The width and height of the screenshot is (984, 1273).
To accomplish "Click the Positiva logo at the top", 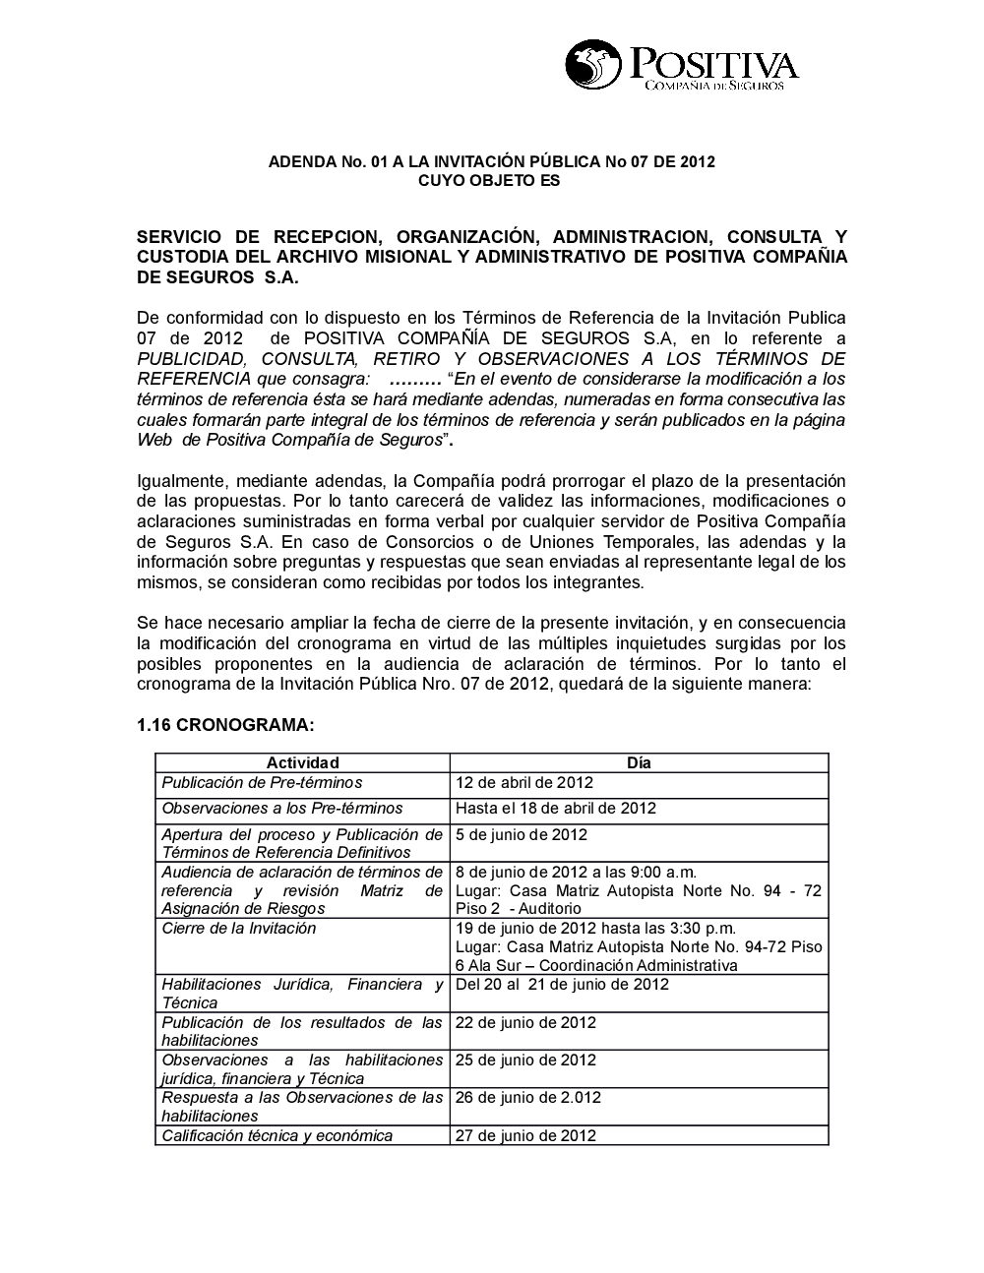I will point(681,66).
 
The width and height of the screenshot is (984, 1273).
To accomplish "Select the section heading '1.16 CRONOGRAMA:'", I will point(225,725).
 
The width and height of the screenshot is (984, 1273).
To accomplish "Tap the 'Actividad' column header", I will point(302,762).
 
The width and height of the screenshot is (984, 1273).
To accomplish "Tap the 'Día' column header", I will point(639,762).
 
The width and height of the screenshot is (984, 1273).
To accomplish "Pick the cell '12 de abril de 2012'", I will point(524,783).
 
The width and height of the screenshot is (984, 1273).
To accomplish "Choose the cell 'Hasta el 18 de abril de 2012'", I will point(556,809).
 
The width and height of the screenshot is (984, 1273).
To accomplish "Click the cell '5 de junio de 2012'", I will point(522,835).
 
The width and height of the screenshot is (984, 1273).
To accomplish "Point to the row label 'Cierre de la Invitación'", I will point(239,929).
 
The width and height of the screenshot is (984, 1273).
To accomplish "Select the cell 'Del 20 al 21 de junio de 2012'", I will point(562,985).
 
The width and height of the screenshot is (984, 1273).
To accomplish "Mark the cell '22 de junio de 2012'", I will point(525,1022).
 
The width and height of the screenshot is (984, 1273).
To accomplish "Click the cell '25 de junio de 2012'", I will point(525,1060).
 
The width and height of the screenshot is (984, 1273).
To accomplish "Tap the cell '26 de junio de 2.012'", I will point(528,1097).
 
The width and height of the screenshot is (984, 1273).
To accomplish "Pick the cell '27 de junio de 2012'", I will point(525,1135).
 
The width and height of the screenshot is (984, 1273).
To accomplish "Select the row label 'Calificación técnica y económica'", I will point(277,1135).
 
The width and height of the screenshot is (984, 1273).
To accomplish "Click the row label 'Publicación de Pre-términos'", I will point(262,783).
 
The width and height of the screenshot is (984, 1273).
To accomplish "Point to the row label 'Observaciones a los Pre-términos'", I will point(282,809).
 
